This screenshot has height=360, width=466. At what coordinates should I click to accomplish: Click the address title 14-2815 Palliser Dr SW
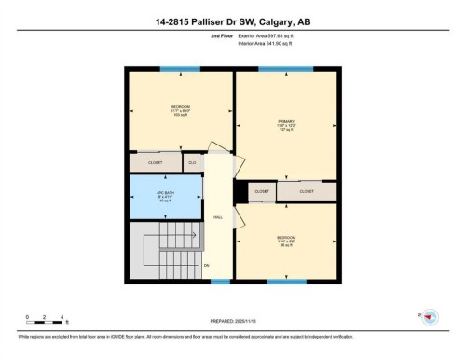pyautogui.click(x=233, y=21)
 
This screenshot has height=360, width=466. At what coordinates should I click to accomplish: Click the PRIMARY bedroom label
pyautogui.click(x=285, y=123)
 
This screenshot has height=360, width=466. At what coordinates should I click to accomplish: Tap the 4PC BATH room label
pyautogui.click(x=165, y=196)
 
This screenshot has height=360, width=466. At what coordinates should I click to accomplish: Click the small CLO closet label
pyautogui.click(x=192, y=162)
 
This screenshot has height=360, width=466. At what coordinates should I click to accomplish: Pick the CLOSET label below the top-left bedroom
pyautogui.click(x=155, y=162)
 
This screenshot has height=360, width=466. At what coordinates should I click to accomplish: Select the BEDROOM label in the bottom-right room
pyautogui.click(x=286, y=240)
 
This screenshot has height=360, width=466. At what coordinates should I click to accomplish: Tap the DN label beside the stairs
pyautogui.click(x=207, y=265)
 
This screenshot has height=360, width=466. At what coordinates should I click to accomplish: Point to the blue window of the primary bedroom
pyautogui.click(x=285, y=68)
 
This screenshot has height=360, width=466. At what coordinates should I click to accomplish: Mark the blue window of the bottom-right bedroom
pyautogui.click(x=286, y=281)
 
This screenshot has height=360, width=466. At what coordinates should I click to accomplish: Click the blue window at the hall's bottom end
pyautogui.click(x=218, y=281)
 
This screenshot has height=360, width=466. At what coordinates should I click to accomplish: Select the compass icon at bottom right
pyautogui.click(x=430, y=318)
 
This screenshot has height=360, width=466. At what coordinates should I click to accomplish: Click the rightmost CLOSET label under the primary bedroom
pyautogui.click(x=307, y=191)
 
